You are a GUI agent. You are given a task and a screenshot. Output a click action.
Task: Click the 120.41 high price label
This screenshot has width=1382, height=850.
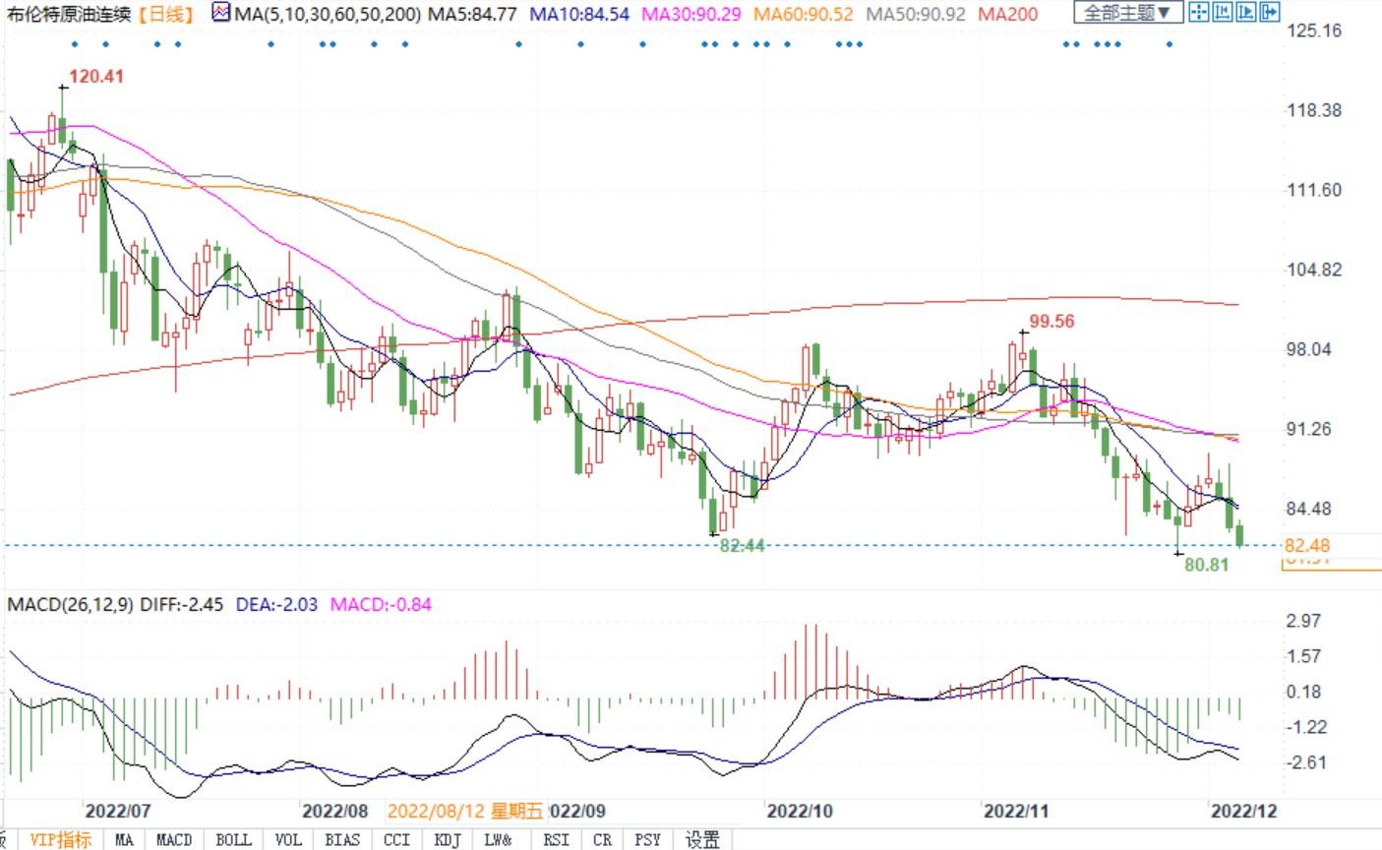coord(96,76)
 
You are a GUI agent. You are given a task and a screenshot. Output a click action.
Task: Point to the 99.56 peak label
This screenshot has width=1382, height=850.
coord(1052,321)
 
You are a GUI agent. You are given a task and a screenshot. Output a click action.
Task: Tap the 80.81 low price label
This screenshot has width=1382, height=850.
coord(1207,566)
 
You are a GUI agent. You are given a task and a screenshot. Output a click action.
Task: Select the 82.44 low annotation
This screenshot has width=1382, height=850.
coord(742,545)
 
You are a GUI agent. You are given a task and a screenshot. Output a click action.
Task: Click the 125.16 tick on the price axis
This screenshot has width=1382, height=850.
coord(1314,30)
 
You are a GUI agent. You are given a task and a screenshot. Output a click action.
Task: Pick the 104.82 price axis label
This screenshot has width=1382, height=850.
coord(1314,270)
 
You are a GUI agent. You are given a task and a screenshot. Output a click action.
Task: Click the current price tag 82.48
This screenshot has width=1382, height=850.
coord(1307,545)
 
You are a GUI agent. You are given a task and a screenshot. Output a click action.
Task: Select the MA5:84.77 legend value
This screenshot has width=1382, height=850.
coord(475,14)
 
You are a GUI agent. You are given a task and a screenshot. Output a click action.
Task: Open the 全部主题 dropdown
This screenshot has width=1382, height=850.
coord(1127,13)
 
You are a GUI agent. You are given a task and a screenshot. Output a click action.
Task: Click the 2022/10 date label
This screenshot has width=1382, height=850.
coord(800,811)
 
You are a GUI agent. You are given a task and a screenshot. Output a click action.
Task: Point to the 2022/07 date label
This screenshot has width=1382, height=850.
coord(118,811)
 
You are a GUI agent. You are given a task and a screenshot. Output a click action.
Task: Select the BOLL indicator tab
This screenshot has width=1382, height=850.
coord(233,839)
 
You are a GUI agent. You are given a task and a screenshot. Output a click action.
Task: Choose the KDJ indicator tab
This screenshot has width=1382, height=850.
coord(448,839)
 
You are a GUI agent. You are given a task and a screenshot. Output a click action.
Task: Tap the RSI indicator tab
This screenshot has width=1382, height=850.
coord(556,839)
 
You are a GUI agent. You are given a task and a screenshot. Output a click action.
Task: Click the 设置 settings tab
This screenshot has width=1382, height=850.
coord(702,839)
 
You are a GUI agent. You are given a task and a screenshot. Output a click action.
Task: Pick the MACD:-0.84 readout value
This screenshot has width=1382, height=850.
coord(381,604)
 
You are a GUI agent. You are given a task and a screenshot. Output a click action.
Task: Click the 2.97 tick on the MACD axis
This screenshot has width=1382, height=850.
coord(1303,621)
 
